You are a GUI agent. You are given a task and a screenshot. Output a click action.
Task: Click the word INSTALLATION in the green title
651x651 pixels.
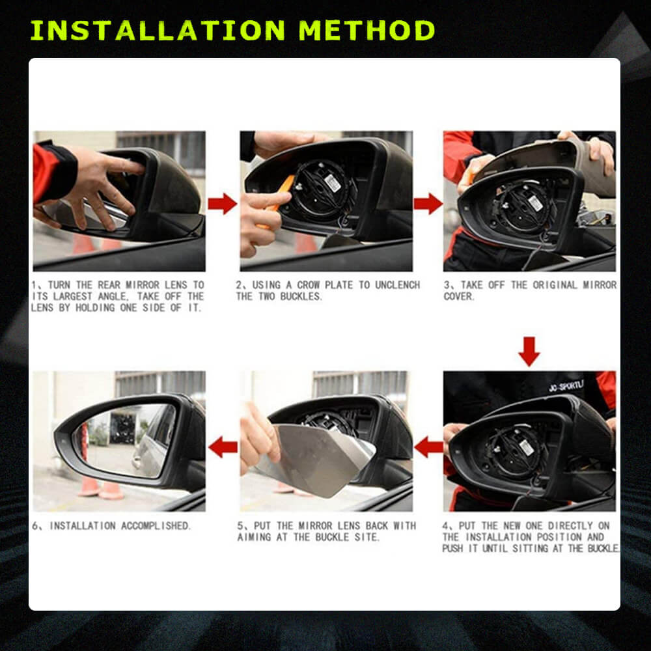pos(158,31)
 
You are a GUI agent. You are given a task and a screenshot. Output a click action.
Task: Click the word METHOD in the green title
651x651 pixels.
pos(367,31)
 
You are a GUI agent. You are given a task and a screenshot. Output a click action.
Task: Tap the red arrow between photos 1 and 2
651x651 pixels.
pos(223,203)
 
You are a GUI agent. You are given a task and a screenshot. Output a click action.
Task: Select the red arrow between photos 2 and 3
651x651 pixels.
pos(428,203)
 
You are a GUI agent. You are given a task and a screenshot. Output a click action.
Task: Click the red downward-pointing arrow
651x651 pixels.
pos(529,352)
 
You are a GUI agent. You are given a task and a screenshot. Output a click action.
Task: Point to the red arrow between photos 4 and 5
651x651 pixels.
pos(428,447)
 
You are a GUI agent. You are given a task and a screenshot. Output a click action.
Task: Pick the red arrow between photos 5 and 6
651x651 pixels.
pos(223,447)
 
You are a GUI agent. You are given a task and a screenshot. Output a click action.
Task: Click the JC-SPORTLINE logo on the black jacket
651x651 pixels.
pos(566,386)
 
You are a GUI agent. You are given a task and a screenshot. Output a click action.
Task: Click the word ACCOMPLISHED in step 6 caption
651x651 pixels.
pos(156,525)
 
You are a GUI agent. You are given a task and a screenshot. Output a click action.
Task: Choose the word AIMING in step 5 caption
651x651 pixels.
pos(254,537)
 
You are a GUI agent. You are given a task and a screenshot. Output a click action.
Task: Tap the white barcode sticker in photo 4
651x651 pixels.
pos(526,447)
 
